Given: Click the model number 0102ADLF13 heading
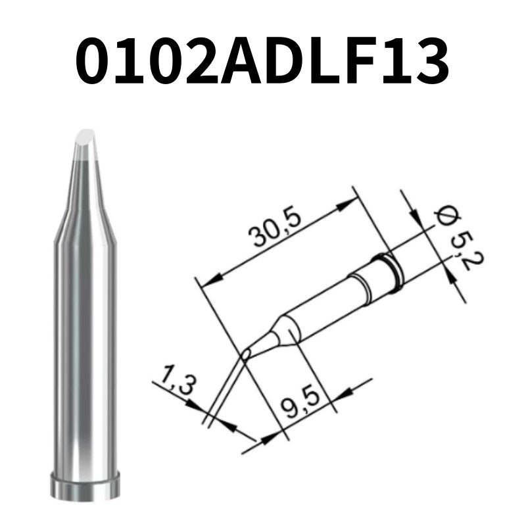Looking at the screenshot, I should point(263,60).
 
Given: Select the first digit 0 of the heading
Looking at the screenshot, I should point(99,60).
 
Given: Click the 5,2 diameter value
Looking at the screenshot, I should point(467,250).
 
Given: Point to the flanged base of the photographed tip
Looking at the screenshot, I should point(85,486).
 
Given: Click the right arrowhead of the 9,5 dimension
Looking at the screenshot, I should point(345,392).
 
